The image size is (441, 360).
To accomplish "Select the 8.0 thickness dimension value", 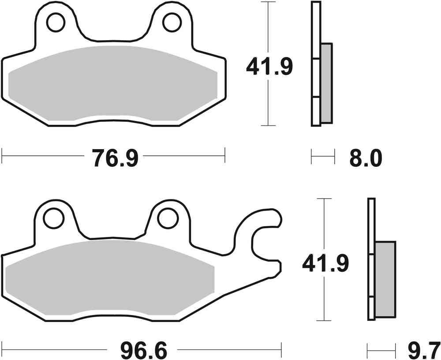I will pos(366,157).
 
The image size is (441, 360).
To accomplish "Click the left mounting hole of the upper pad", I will pos(56,22).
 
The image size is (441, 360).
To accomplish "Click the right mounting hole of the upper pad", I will pos(172,22).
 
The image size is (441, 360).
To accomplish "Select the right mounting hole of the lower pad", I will pos(167,217).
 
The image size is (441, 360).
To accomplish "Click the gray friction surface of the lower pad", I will pos(110,278).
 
